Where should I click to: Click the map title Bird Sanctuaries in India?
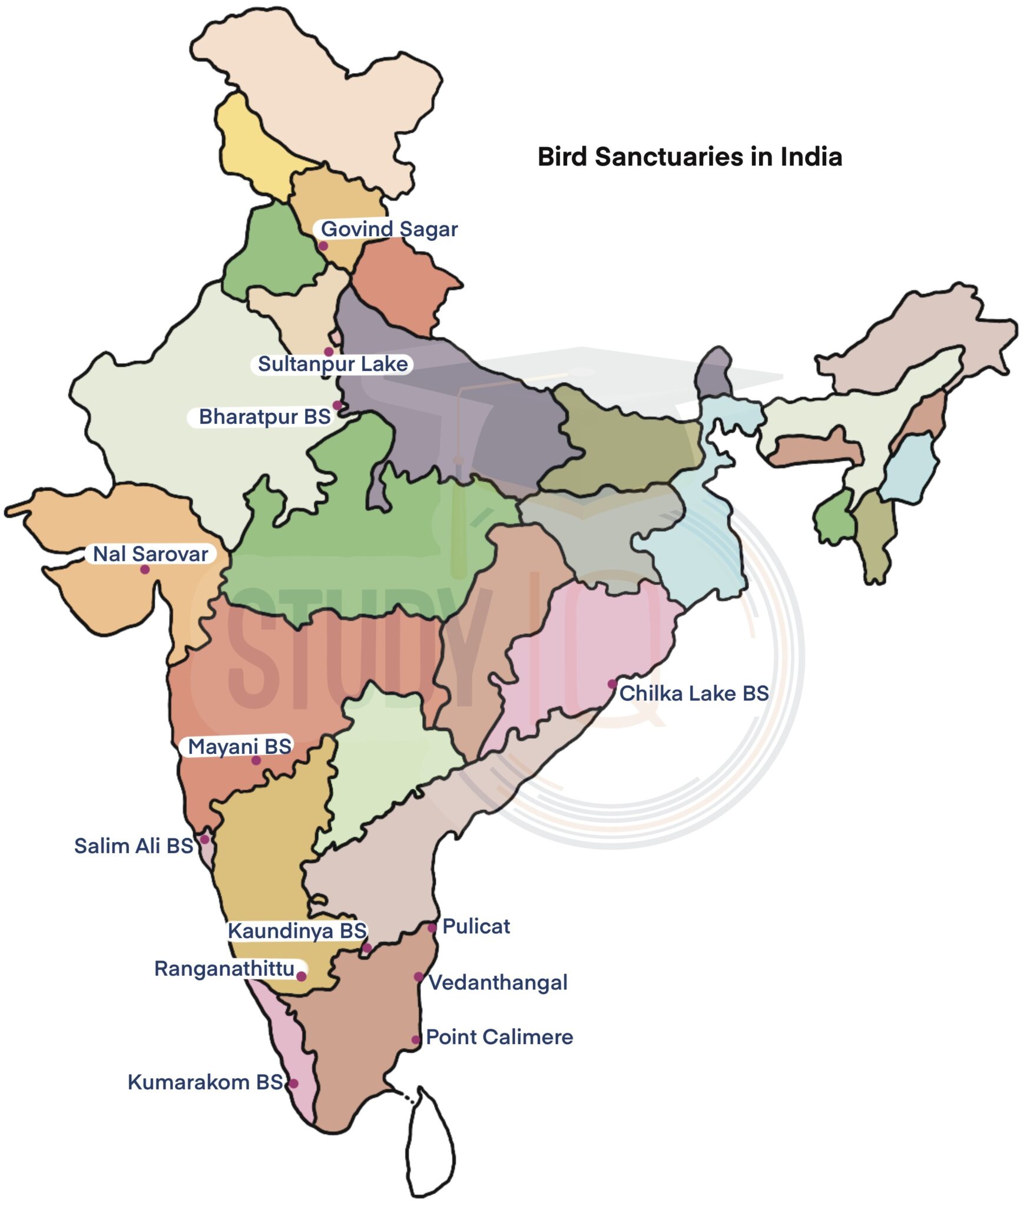pyautogui.click(x=690, y=157)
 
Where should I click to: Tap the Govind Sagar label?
pyautogui.click(x=389, y=228)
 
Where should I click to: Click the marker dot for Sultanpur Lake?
pyautogui.click(x=329, y=352)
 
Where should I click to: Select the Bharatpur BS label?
pyautogui.click(x=264, y=416)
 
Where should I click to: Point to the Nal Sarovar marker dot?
pyautogui.click(x=144, y=569)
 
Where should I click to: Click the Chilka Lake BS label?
pyautogui.click(x=694, y=693)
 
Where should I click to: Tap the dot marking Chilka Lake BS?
pyautogui.click(x=612, y=684)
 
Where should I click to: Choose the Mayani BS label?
pyautogui.click(x=239, y=747)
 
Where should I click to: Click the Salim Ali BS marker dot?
pyautogui.click(x=204, y=839)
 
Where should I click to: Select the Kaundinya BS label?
pyautogui.click(x=297, y=931)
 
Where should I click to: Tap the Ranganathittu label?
pyautogui.click(x=224, y=969)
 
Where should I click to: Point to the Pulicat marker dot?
pyautogui.click(x=432, y=928)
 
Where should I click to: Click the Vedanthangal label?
pyautogui.click(x=498, y=982)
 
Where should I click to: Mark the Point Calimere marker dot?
pyautogui.click(x=416, y=1040)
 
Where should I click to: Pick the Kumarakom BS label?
pyautogui.click(x=205, y=1082)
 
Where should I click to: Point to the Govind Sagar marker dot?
pyautogui.click(x=323, y=246)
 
